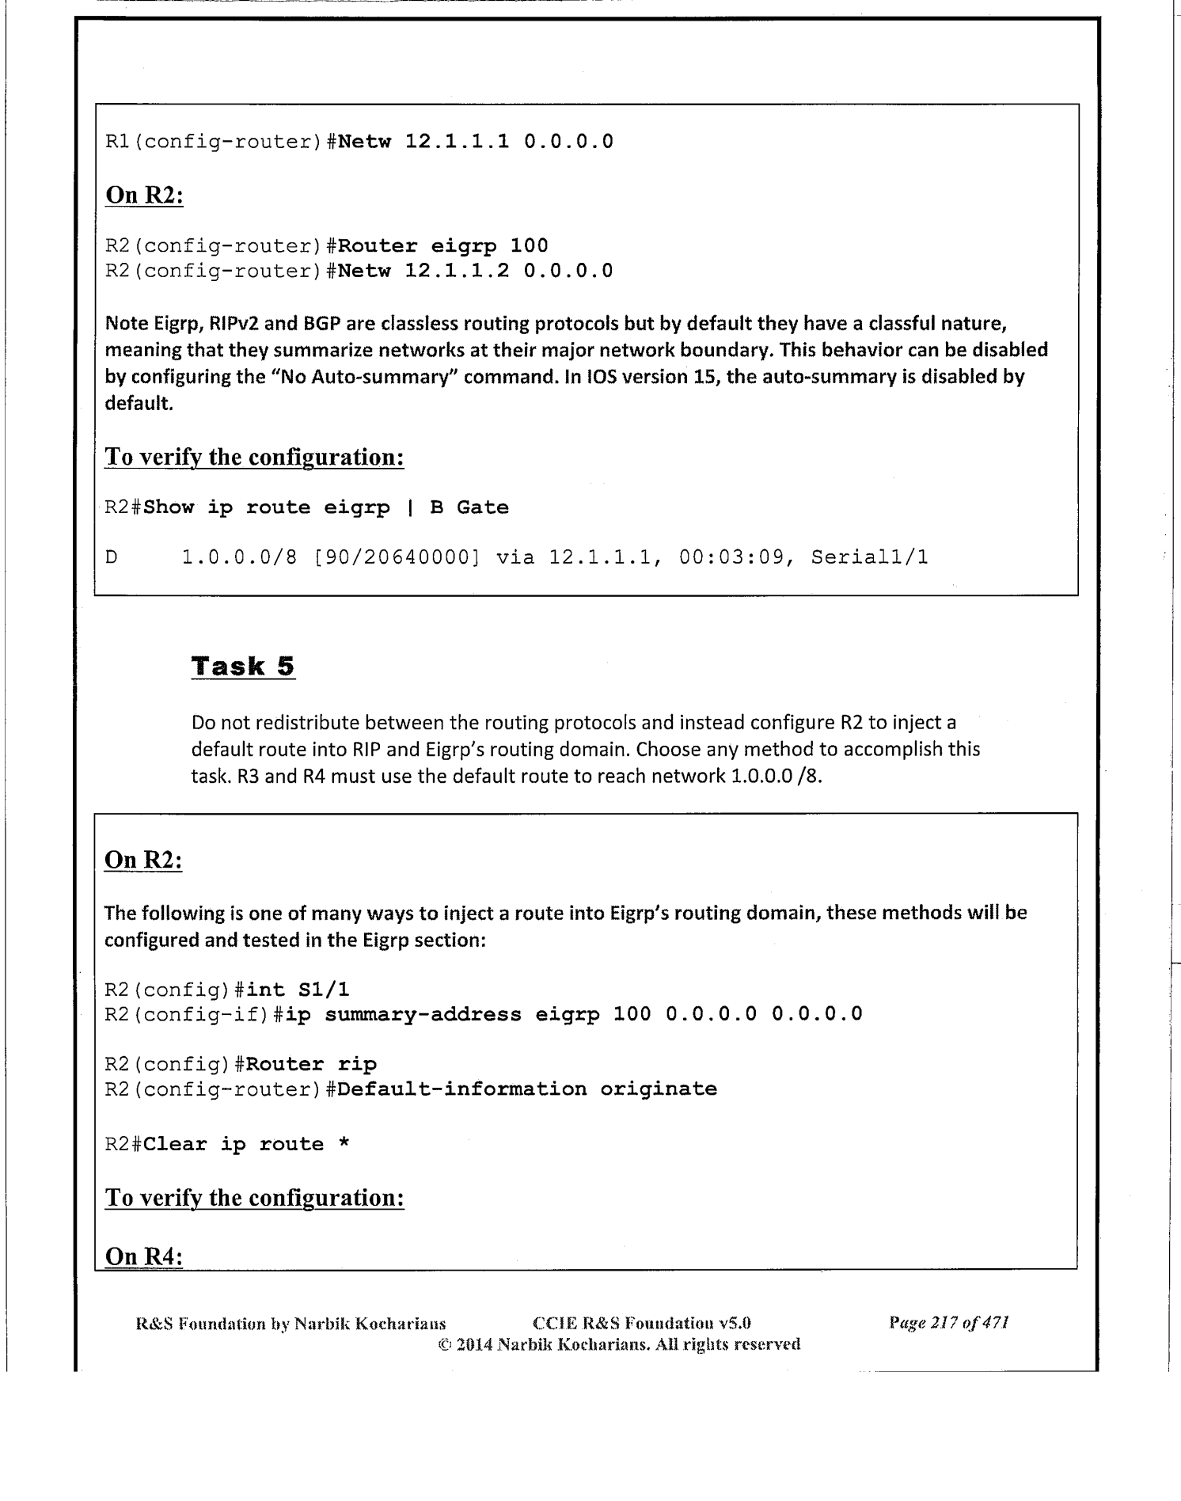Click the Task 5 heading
[x=243, y=666]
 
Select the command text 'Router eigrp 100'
[x=442, y=245]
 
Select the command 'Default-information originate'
[x=526, y=1089]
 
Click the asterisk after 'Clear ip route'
[x=344, y=1144]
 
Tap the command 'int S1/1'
[x=298, y=989]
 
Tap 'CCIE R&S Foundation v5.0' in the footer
[x=642, y=1323]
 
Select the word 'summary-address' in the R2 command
[x=423, y=1014]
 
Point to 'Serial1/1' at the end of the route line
[x=869, y=557]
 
